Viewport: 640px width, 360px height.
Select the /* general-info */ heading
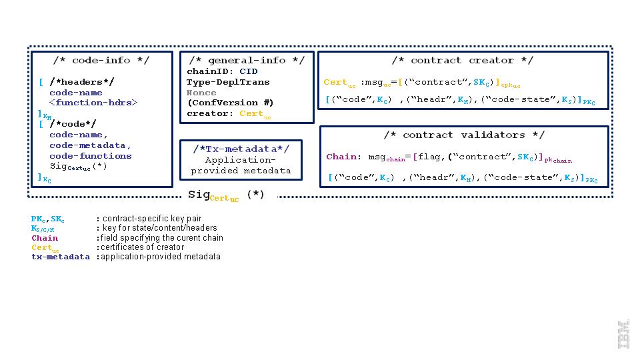pos(247,61)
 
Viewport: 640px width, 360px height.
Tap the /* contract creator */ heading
pos(462,61)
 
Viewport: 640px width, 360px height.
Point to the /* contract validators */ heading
pos(465,135)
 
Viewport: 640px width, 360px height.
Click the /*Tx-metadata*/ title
pos(241,148)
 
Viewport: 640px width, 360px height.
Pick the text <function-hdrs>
pos(93,103)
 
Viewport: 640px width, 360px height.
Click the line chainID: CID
pos(222,71)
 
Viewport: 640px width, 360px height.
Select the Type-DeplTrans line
pos(228,82)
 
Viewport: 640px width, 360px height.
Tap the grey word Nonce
pos(201,93)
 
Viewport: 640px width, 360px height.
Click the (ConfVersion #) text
pos(230,103)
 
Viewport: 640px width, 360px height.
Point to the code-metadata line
pos(90,145)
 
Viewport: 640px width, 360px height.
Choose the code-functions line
pos(90,156)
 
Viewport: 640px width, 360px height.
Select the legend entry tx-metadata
pos(60,257)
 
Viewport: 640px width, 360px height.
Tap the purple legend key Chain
pos(45,238)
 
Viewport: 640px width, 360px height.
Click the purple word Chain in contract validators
pos(341,157)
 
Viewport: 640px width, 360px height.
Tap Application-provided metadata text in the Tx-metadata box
pos(241,165)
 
